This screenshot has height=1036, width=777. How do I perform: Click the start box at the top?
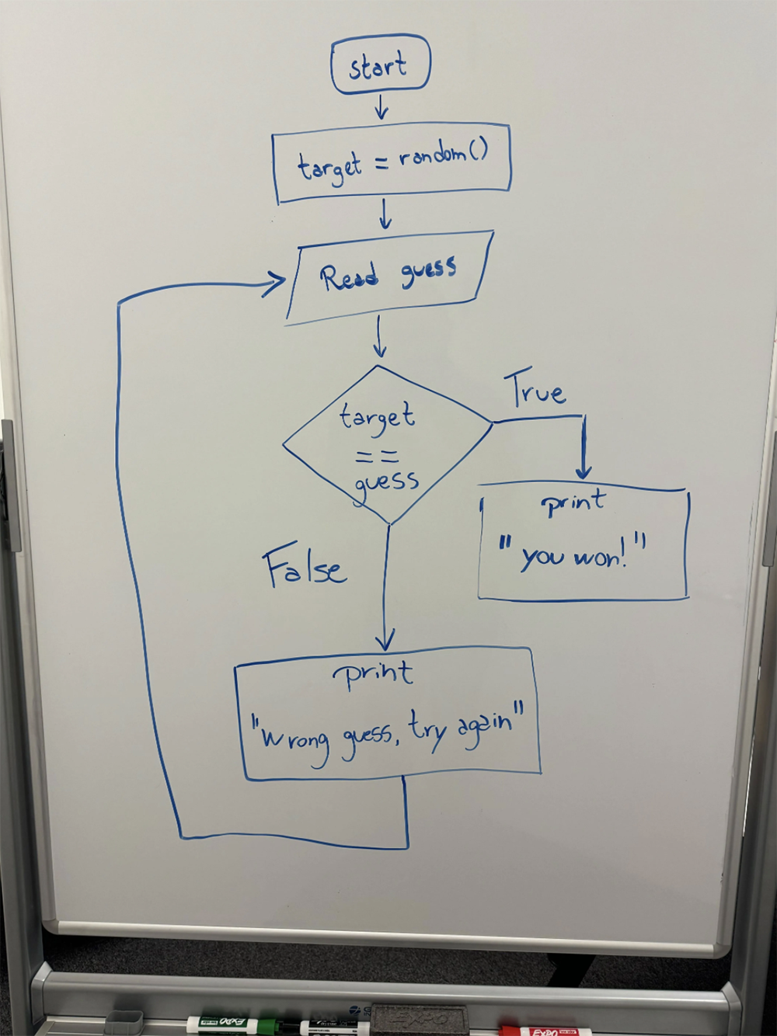tap(379, 65)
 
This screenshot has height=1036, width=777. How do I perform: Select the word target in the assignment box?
tap(329, 166)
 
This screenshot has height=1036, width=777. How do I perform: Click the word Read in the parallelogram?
tap(350, 277)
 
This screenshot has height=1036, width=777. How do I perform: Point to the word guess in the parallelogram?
tap(428, 271)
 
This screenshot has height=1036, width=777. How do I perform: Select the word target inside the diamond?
tap(377, 417)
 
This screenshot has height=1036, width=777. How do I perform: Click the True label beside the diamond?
tap(536, 390)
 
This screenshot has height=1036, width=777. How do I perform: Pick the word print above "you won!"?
tap(573, 504)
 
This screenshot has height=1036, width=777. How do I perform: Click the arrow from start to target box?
tap(381, 107)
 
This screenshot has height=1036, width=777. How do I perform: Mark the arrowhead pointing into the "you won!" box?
tap(584, 470)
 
